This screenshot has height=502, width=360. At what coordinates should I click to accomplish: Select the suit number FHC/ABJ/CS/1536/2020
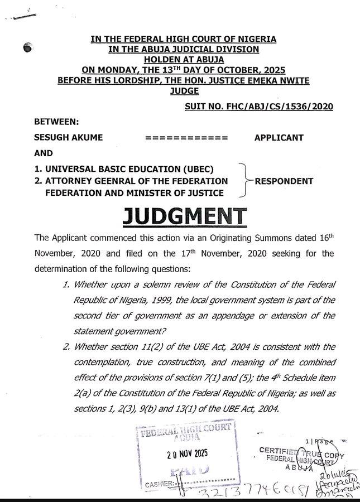pyautogui.click(x=258, y=107)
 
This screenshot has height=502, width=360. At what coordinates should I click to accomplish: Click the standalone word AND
pyautogui.click(x=44, y=153)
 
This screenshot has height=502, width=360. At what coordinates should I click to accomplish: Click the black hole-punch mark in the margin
pyautogui.click(x=29, y=49)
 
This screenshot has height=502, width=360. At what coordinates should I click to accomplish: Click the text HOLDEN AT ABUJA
pyautogui.click(x=184, y=59)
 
